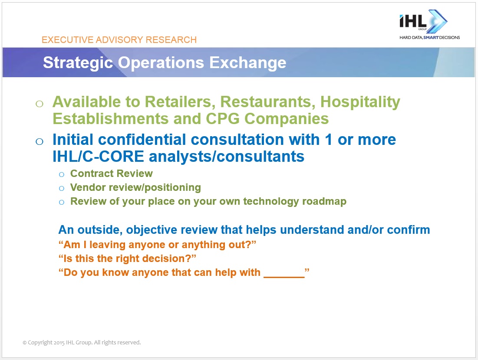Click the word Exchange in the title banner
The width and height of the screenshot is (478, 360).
click(247, 63)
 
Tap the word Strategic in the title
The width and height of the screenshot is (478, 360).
click(78, 63)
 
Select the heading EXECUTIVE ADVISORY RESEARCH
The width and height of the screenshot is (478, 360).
click(119, 40)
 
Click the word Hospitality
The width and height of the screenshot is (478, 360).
click(360, 102)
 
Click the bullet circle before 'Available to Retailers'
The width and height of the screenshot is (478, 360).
click(40, 104)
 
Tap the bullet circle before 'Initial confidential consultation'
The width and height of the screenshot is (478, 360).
click(40, 141)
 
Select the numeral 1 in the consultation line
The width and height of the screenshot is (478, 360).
click(328, 140)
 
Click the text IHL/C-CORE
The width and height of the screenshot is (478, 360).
click(98, 157)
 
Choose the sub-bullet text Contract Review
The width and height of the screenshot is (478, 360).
click(111, 173)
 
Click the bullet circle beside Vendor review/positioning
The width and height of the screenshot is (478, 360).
click(62, 188)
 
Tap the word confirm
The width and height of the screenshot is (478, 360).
click(409, 229)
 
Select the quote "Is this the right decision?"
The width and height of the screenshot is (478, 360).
click(127, 259)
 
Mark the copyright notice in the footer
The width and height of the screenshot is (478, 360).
click(82, 342)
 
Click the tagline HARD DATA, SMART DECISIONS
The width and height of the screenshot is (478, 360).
click(429, 37)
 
